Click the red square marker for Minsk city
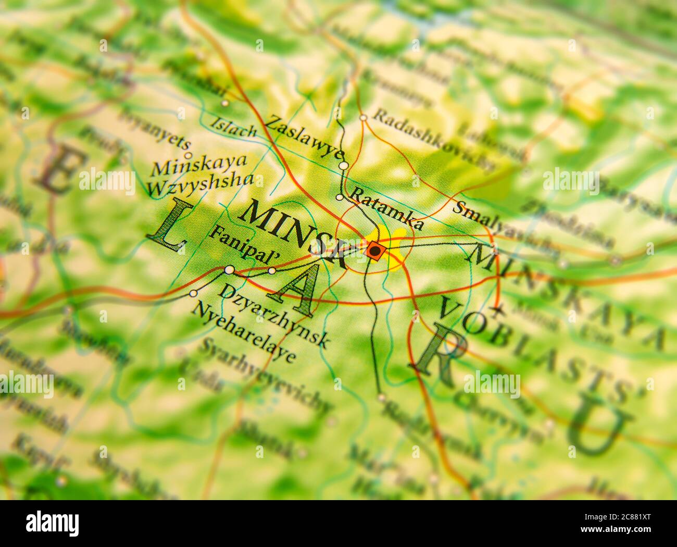(x=374, y=251)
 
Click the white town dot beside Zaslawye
(x=343, y=166)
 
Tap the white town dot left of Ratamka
(x=340, y=197)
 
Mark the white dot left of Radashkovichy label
(x=363, y=118)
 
